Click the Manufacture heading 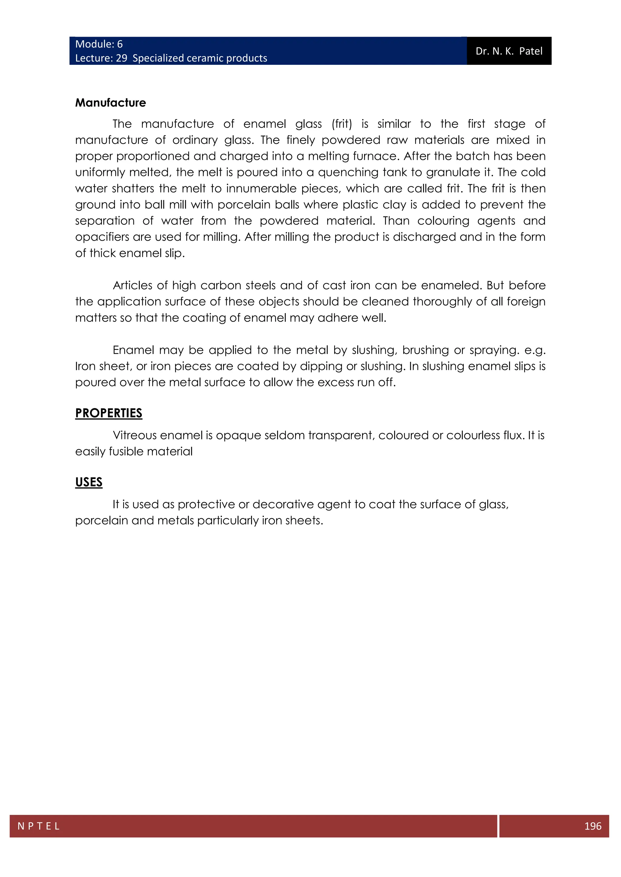coord(110,103)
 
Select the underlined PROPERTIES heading coord(109,413)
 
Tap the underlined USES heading coord(89,482)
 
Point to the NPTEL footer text coord(39,826)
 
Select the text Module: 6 coord(99,44)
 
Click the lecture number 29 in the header coord(122,58)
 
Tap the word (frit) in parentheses coord(342,124)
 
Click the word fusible coord(126,452)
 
